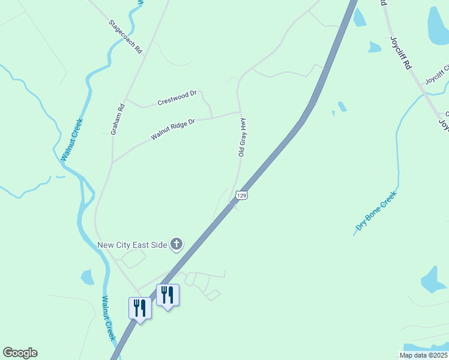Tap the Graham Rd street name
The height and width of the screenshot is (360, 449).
point(118,119)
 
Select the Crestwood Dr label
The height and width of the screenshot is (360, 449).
point(177,98)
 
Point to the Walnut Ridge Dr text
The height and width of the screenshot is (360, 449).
point(173,130)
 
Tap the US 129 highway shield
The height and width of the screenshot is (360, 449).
point(241,196)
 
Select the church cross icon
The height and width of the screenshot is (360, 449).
point(176,244)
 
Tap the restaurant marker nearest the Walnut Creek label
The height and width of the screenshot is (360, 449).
point(140,308)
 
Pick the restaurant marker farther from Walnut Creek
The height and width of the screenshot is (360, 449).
point(167,295)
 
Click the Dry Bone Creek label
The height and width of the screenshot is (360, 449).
point(376,211)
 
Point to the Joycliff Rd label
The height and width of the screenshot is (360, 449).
point(400,53)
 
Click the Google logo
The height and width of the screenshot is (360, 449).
point(20,353)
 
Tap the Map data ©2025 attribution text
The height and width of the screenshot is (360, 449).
point(423,355)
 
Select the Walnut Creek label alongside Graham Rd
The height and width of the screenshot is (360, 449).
point(71,140)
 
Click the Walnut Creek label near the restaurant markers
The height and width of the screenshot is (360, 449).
point(108,318)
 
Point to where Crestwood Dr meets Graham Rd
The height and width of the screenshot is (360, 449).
point(125,99)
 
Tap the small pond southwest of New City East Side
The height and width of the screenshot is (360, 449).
point(88,277)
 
